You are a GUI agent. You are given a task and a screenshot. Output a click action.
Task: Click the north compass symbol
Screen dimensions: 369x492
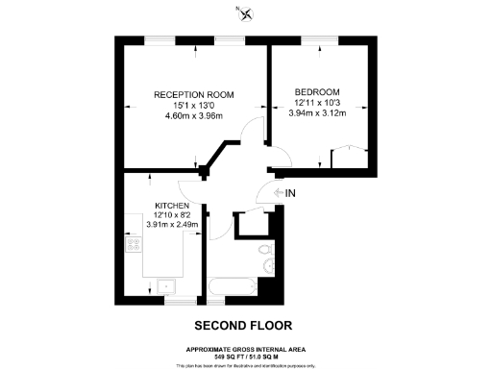point(248,13)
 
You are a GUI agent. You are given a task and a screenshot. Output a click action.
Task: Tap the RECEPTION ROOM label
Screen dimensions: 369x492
point(195,94)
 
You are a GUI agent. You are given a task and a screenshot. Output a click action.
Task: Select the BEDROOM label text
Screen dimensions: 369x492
point(316,92)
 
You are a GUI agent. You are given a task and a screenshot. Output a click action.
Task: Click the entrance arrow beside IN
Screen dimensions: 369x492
point(278,192)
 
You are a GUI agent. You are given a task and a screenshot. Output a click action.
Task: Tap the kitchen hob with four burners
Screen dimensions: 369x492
point(134,246)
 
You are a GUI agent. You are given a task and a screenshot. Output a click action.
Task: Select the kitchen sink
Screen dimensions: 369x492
point(166,285)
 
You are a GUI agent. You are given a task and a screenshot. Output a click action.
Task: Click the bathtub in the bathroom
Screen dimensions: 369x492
point(230,287)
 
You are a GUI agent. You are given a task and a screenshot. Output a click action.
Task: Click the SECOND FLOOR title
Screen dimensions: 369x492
point(242,325)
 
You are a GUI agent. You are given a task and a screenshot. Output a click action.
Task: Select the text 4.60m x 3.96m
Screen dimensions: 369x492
point(195,117)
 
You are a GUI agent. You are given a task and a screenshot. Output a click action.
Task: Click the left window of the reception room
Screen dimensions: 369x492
point(159,41)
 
